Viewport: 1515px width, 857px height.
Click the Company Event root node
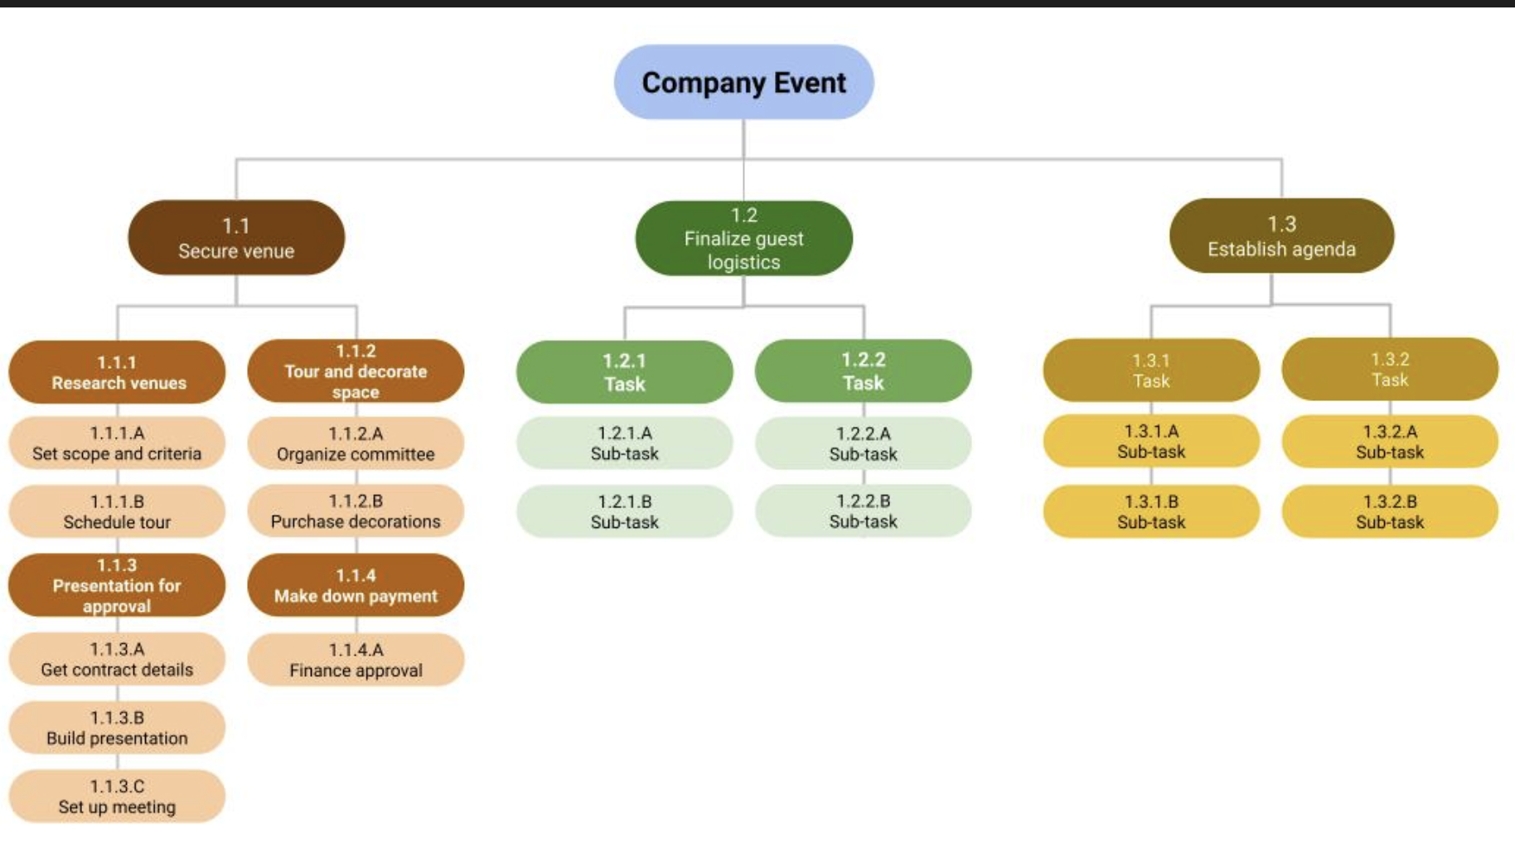(743, 82)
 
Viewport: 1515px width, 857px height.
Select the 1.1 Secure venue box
(236, 238)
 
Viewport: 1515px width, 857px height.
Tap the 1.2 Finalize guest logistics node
(743, 239)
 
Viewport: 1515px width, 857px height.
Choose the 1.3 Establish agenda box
(1281, 236)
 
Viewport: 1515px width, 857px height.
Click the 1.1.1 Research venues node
(117, 372)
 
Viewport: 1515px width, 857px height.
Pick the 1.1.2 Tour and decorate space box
(356, 371)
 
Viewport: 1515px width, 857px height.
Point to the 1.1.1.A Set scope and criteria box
(117, 443)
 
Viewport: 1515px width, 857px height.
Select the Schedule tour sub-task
(117, 511)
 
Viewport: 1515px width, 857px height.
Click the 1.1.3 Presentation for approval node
(117, 585)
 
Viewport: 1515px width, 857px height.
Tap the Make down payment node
(356, 585)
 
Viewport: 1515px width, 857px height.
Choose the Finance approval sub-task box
(356, 660)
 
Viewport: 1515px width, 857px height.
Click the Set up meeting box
(117, 796)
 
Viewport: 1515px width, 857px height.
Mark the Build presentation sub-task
(117, 728)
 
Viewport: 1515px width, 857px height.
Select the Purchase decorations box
(356, 511)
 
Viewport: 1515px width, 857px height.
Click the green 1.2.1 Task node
(624, 372)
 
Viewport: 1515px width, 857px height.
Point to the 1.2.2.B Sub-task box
(863, 511)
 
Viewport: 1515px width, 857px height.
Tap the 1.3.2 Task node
(1390, 370)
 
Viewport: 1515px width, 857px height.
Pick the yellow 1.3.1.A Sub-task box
(1151, 442)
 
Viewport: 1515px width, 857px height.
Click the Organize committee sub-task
(356, 443)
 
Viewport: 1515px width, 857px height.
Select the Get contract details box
(117, 659)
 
